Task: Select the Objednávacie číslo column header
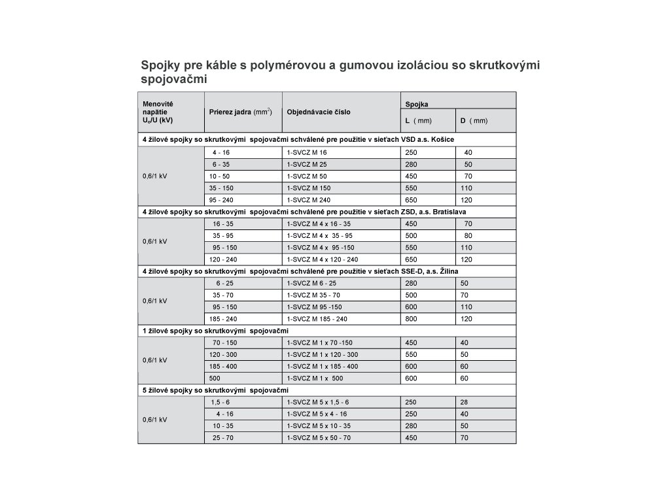coord(319,112)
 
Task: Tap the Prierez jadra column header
coord(240,112)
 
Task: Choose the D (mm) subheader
coord(474,121)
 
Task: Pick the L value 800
coord(412,319)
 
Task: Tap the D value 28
coord(465,402)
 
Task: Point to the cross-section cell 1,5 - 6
coord(220,402)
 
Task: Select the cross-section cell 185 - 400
coord(221,367)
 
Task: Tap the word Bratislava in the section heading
coord(446,212)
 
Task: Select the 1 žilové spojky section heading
coord(216,331)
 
